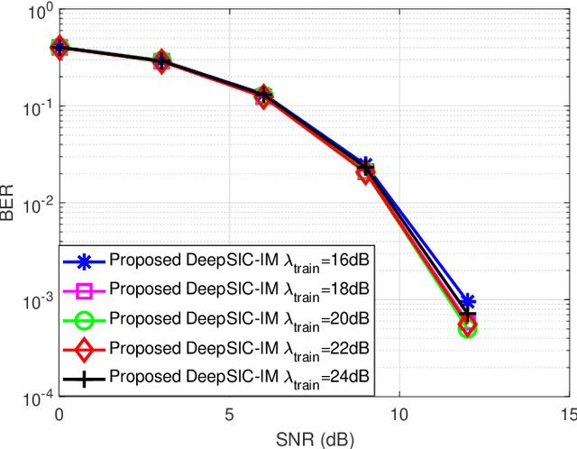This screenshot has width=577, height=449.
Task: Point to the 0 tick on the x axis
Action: point(59,413)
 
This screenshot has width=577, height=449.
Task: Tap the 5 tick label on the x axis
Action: point(228,413)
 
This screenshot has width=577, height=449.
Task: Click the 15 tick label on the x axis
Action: point(567,413)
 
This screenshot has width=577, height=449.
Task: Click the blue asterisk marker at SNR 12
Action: point(466,302)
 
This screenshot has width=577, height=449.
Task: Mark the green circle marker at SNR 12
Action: point(466,329)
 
